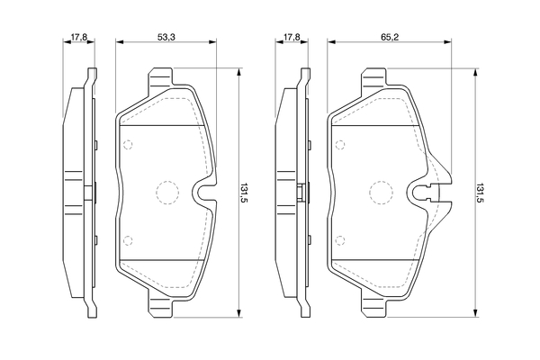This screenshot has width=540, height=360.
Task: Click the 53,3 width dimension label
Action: pos(166,37)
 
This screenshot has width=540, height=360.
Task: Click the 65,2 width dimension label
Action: pos(390,37)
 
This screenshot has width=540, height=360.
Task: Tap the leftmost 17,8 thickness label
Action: pos(79,37)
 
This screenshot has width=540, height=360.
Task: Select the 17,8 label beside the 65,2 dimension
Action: pos(292,37)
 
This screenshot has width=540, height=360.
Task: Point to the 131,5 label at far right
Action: pos(479,193)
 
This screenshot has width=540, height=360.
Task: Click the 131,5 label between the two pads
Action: pos(244,193)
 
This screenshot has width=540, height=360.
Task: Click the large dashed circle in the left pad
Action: pos(167,193)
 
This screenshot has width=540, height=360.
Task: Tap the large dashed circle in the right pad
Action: pos(381,193)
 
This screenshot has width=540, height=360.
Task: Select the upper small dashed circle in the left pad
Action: pos(128,144)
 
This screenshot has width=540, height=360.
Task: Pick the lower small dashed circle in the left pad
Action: pos(128,240)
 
